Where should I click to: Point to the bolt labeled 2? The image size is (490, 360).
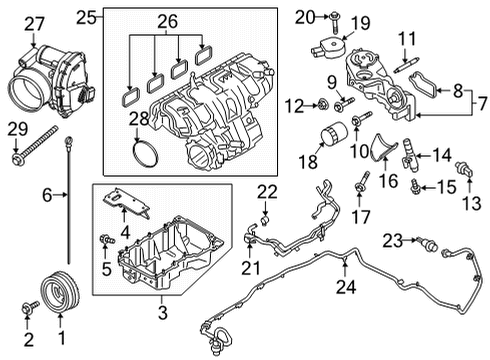click(27, 313)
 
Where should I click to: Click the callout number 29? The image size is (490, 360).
click(15, 128)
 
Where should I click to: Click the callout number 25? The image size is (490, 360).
click(87, 17)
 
